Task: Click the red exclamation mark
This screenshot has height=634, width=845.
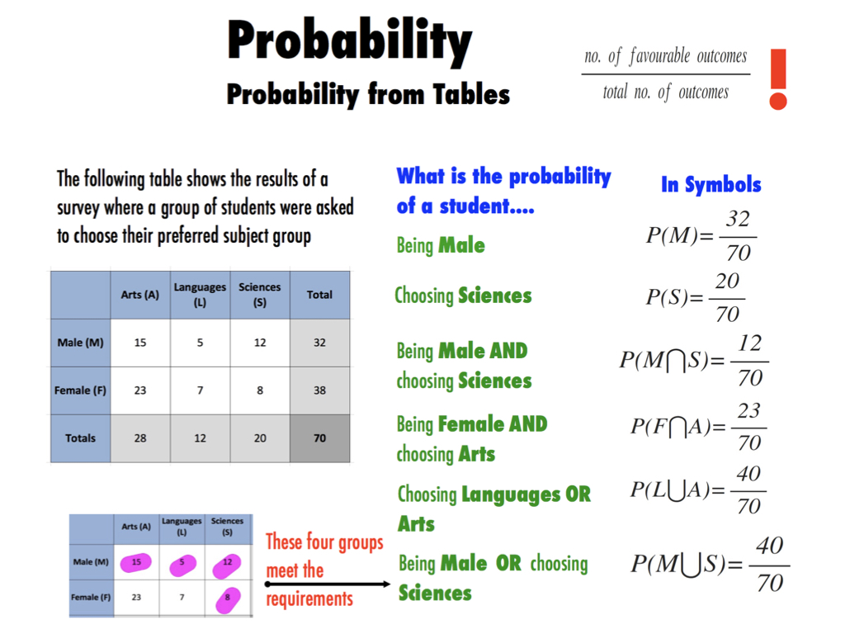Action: [778, 79]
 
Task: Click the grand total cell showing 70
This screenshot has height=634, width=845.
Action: [319, 438]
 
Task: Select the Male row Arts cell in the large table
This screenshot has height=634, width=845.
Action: [140, 343]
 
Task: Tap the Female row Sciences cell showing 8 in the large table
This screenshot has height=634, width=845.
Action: [260, 390]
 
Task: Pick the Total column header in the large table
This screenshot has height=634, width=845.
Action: [319, 295]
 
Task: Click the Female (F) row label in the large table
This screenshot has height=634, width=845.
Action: [80, 390]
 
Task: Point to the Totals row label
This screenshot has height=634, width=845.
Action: [80, 438]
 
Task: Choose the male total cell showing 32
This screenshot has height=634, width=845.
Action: [319, 343]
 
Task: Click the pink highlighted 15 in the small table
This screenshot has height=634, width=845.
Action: [136, 562]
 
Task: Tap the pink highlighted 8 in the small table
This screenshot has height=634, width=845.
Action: [228, 599]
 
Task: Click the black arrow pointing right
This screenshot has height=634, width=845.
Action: [328, 584]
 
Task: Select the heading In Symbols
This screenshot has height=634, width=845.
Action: [710, 184]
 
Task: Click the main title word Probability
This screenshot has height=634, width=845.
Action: [349, 41]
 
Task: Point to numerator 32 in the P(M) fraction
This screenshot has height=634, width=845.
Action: [738, 219]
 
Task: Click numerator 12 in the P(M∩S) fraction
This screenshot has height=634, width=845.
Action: [749, 343]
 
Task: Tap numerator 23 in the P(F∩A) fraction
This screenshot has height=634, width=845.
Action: [748, 411]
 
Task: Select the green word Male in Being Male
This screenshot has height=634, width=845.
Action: [461, 246]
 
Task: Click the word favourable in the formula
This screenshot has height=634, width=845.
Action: [659, 56]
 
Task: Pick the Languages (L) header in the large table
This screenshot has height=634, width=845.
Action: [200, 295]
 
